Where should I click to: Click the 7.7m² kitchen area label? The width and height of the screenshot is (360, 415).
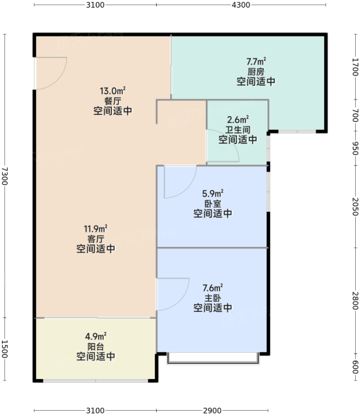pyautogui.click(x=256, y=62)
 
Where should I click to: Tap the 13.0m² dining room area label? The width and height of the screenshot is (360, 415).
pyautogui.click(x=113, y=91)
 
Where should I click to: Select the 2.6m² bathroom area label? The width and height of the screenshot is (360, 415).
pyautogui.click(x=238, y=120)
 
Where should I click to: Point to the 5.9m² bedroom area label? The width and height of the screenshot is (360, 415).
pyautogui.click(x=213, y=194)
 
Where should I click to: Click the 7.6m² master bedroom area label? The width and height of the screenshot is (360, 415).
pyautogui.click(x=213, y=288)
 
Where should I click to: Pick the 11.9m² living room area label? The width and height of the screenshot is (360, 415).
pyautogui.click(x=95, y=228)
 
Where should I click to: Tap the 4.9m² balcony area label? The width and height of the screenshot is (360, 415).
pyautogui.click(x=95, y=336)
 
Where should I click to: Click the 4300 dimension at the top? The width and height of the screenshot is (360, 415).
pyautogui.click(x=240, y=5)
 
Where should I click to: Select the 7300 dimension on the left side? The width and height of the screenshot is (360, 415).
pyautogui.click(x=5, y=176)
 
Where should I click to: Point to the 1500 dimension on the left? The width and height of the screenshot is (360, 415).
pyautogui.click(x=5, y=349)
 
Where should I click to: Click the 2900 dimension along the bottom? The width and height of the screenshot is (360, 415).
pyautogui.click(x=212, y=410)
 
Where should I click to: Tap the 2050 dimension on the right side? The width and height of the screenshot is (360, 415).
pyautogui.click(x=356, y=207)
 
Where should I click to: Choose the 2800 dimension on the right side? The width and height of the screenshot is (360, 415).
pyautogui.click(x=356, y=300)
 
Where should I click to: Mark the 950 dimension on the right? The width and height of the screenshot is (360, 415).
pyautogui.click(x=356, y=149)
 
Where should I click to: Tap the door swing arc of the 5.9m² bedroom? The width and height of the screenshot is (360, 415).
pyautogui.click(x=189, y=190)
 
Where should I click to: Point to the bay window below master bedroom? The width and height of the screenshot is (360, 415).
pyautogui.click(x=213, y=358)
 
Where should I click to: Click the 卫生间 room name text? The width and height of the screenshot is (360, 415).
pyautogui.click(x=238, y=130)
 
